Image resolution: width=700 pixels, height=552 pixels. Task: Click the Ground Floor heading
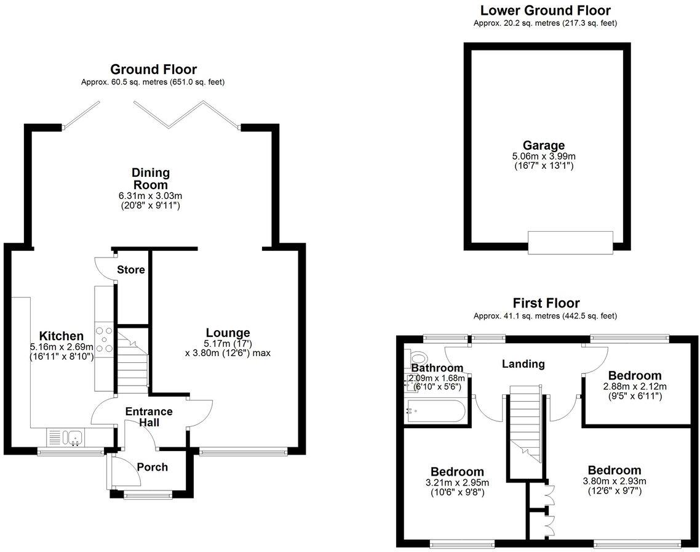(153, 69)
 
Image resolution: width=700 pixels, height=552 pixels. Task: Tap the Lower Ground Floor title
(545, 10)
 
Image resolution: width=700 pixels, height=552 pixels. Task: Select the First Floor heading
(546, 303)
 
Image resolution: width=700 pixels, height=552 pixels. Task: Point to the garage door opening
(570, 241)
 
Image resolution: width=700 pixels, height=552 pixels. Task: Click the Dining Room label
(150, 179)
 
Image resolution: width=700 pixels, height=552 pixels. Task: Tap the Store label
(131, 270)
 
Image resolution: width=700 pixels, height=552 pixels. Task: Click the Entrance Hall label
(149, 416)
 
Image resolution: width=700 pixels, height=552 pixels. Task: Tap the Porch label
(152, 467)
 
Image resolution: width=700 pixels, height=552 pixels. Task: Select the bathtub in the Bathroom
(436, 411)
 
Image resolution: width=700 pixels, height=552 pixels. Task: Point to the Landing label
(523, 363)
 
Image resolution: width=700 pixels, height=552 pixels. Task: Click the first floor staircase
(525, 425)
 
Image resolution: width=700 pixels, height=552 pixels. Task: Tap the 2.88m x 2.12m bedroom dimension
(634, 387)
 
